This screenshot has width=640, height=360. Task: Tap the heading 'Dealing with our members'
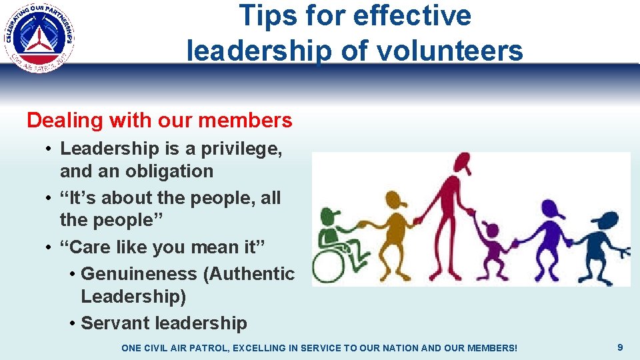[159, 121]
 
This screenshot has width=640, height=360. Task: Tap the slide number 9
[620, 347]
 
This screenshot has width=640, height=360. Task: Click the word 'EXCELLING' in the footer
[263, 348]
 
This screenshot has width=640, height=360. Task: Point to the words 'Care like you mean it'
[163, 247]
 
